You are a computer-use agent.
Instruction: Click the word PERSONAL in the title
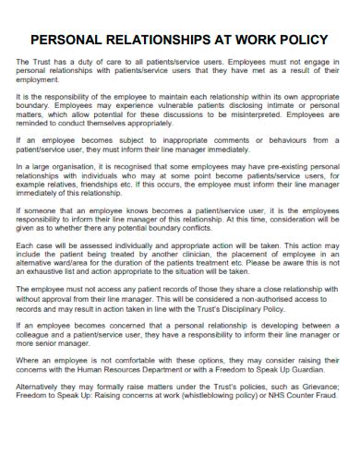[72, 40]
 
